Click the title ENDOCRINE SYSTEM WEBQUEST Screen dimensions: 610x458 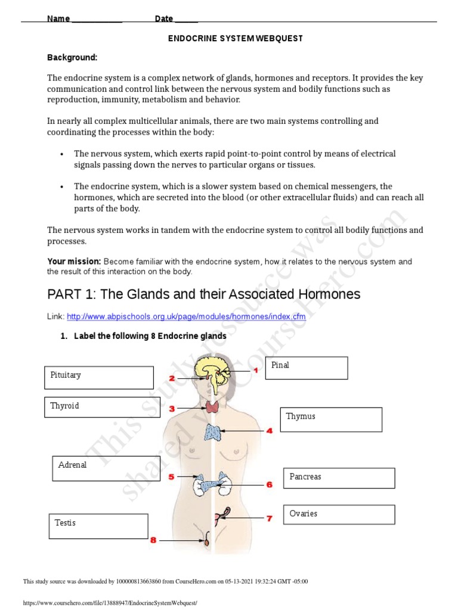point(235,38)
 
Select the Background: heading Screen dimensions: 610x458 point(72,57)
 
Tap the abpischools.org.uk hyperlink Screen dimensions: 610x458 point(186,317)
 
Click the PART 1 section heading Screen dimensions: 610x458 point(204,294)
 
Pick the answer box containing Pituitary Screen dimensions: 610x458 point(98,378)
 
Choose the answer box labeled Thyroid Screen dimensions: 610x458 point(98,407)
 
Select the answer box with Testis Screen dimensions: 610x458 point(98,526)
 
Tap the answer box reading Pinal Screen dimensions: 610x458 point(307,368)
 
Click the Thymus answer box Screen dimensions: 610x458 point(331,419)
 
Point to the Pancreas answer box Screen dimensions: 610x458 point(339,478)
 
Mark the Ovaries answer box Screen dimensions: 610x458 point(339,515)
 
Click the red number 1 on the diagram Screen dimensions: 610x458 point(256,371)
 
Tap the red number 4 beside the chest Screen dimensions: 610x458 point(270,430)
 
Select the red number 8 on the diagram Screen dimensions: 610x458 point(153,540)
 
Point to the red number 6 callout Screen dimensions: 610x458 point(269,485)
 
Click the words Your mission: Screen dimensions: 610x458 point(75,262)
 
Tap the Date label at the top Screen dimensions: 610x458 point(164,18)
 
